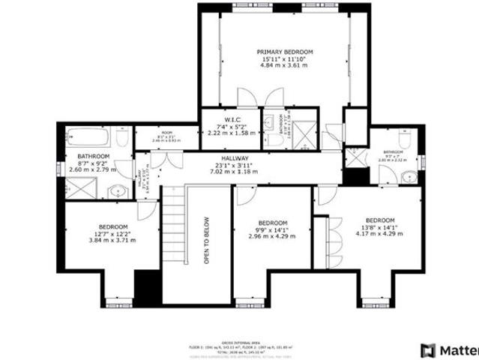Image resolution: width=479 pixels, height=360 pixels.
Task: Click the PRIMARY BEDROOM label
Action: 285,52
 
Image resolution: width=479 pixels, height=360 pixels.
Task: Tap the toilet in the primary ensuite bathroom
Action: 268,140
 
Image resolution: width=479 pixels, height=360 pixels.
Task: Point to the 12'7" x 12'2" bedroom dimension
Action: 113,233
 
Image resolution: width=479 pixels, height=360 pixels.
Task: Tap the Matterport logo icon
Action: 428,349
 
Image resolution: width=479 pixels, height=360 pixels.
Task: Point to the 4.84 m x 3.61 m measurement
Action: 285,66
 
